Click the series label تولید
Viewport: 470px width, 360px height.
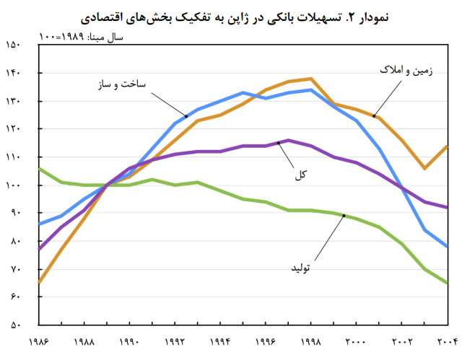click(299, 268)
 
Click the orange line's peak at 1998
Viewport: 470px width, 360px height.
click(310, 79)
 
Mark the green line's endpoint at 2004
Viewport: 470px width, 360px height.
click(447, 283)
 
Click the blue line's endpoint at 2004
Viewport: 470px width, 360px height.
click(447, 247)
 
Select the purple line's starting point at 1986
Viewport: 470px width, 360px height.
click(39, 250)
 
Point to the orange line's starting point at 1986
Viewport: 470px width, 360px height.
click(39, 283)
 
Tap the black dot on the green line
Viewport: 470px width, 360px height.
click(344, 215)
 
